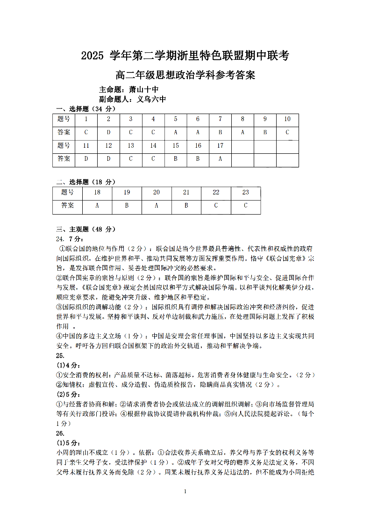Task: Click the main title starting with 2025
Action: tap(185, 56)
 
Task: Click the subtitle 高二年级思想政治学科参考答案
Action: tap(185, 75)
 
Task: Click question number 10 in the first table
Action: tap(287, 119)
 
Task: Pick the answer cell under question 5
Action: tap(176, 132)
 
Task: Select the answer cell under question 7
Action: tap(220, 132)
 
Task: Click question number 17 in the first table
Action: tap(220, 146)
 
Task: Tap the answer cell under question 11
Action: tap(86, 159)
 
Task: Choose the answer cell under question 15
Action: tap(176, 159)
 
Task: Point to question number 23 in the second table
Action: tap(246, 192)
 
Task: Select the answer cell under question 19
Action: tap(127, 205)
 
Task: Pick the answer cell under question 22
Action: tap(216, 205)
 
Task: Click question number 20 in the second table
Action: tap(156, 192)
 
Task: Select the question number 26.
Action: tap(60, 433)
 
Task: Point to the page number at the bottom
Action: tap(185, 491)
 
